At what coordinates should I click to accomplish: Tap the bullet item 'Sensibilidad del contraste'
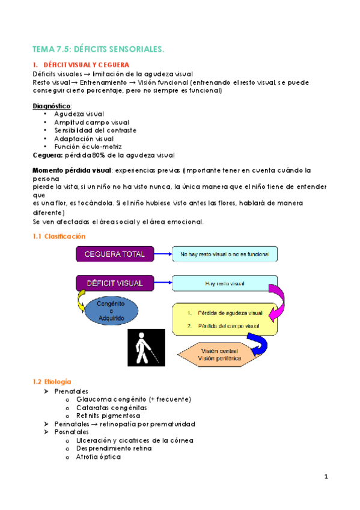tap(95, 130)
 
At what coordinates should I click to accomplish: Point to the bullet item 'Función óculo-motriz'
tap(88, 146)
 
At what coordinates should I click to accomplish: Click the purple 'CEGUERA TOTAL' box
tap(115, 254)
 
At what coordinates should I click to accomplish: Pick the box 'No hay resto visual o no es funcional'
tap(225, 254)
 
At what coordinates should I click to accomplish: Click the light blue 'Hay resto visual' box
tap(225, 283)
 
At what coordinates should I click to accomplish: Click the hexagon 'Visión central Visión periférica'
tap(221, 354)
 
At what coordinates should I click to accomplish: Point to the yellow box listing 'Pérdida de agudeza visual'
tap(225, 319)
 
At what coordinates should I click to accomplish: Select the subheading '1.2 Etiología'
tap(53, 381)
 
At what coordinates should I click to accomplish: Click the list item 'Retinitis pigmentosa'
tap(108, 416)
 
